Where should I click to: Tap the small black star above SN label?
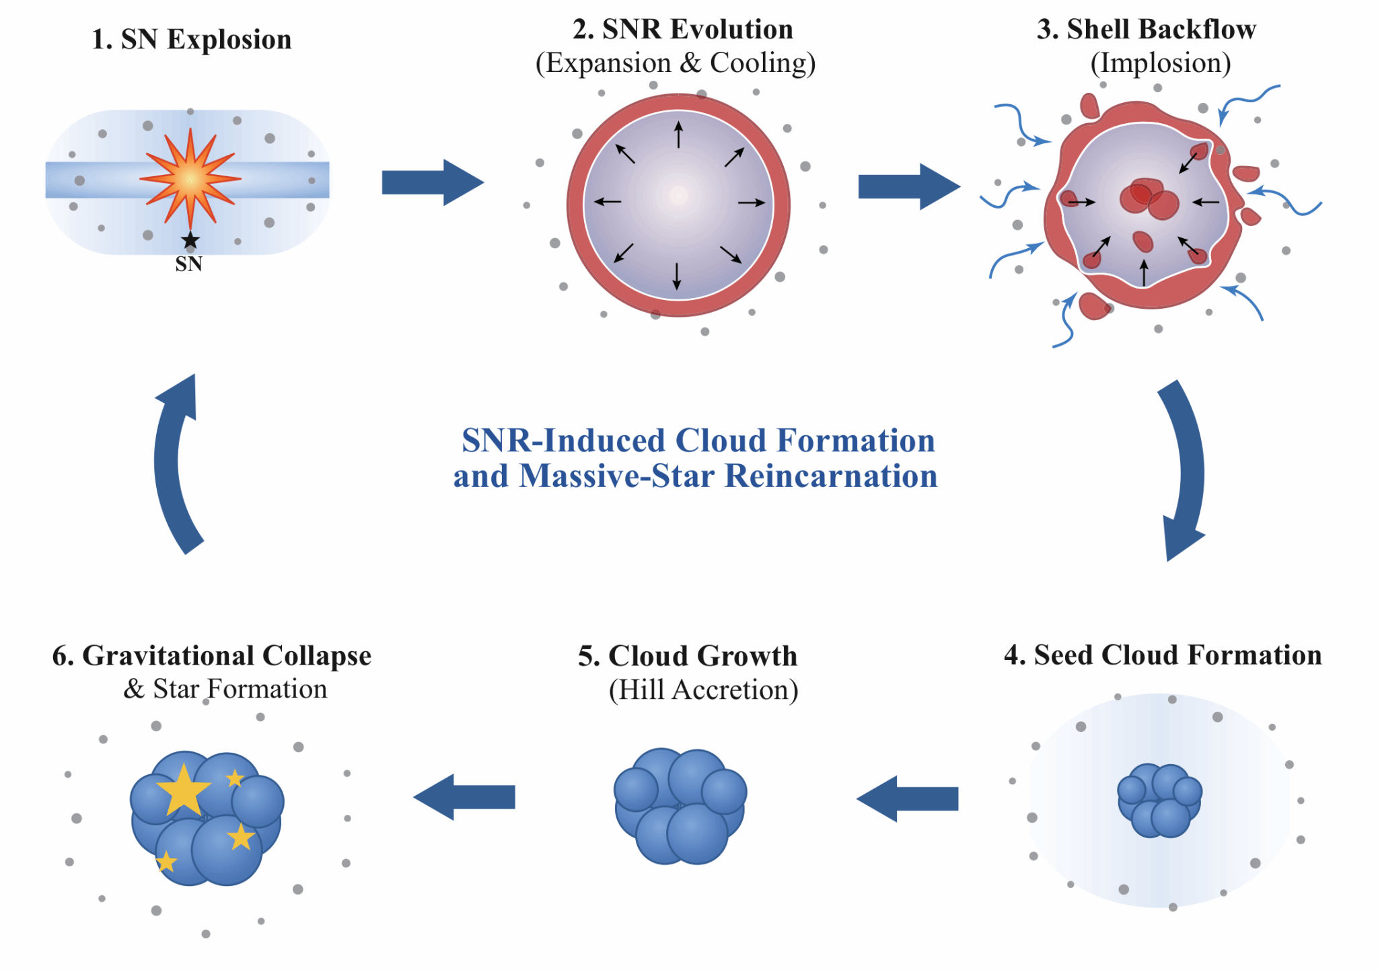pyautogui.click(x=190, y=239)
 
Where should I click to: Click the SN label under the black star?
pyautogui.click(x=189, y=264)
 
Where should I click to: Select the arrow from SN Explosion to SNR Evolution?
pyautogui.click(x=433, y=182)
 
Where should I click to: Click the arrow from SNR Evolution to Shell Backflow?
pyautogui.click(x=909, y=186)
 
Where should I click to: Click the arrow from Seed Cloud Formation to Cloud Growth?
pyautogui.click(x=907, y=798)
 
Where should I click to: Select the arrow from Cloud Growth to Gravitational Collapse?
pyautogui.click(x=464, y=797)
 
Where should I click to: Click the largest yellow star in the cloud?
pyautogui.click(x=183, y=791)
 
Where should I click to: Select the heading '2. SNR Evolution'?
pyautogui.click(x=683, y=30)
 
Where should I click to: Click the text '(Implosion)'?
pyautogui.click(x=1161, y=63)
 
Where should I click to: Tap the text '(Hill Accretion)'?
pyautogui.click(x=704, y=690)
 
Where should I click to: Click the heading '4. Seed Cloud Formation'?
pyautogui.click(x=1163, y=655)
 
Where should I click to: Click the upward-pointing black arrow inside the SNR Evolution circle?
pyautogui.click(x=678, y=135)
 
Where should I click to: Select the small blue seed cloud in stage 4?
pyautogui.click(x=1159, y=800)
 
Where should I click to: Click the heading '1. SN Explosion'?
pyautogui.click(x=191, y=40)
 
